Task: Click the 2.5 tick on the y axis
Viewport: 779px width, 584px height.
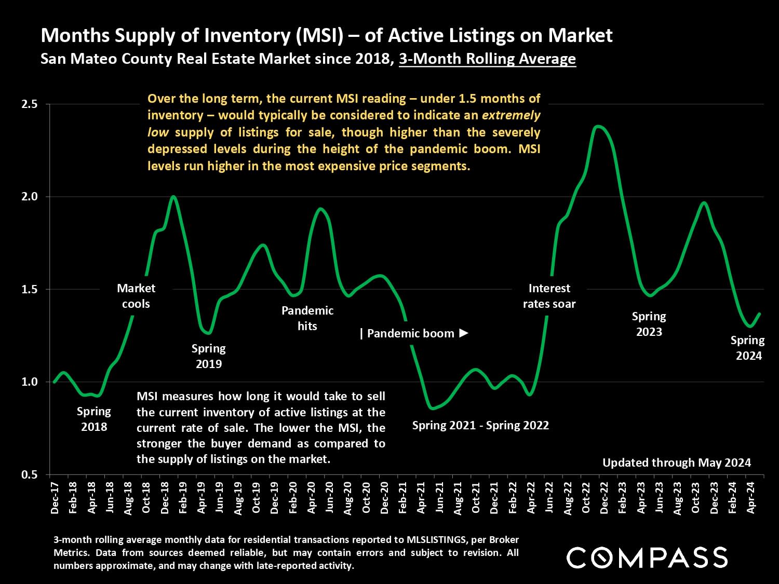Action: [x=30, y=104]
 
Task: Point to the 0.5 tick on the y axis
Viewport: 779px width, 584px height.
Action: [x=30, y=474]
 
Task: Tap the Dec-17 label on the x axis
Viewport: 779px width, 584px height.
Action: [x=55, y=498]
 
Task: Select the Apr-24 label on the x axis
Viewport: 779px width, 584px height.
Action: [x=750, y=498]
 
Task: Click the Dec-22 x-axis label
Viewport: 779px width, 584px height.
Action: [x=604, y=498]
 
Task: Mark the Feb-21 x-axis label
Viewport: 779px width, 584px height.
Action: [x=402, y=498]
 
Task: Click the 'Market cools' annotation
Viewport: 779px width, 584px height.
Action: [x=136, y=296]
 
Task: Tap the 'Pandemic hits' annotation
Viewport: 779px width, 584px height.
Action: [x=307, y=318]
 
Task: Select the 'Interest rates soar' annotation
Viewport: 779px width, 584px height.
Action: [x=549, y=296]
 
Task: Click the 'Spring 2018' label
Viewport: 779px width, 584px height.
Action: [x=94, y=419]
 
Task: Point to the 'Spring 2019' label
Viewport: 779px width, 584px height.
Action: [x=209, y=356]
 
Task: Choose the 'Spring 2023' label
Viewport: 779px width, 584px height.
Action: [x=649, y=324]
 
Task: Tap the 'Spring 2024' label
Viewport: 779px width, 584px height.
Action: [x=748, y=348]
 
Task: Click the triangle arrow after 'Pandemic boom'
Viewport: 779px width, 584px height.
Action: [x=464, y=333]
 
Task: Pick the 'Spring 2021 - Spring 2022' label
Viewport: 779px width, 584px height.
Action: [x=480, y=426]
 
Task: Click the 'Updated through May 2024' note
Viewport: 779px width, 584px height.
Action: [x=677, y=463]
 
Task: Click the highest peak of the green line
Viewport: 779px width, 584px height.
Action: [x=599, y=126]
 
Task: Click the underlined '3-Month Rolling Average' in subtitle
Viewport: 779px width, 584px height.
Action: [x=487, y=59]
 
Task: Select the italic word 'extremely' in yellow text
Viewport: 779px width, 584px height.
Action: [x=511, y=115]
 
